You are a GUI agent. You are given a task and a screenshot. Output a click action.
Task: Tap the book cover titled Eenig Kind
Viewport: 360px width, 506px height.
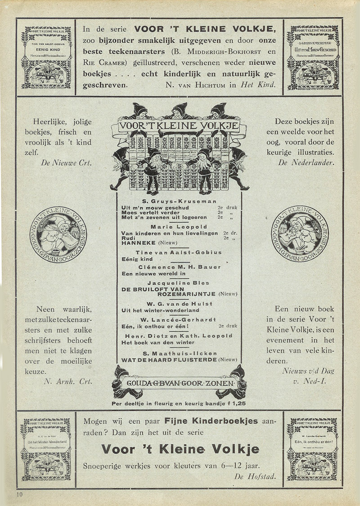46,57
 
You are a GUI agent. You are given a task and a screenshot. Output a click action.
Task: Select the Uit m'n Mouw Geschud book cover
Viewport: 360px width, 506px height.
313,57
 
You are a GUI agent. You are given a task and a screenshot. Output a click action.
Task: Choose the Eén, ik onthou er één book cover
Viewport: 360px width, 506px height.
313,449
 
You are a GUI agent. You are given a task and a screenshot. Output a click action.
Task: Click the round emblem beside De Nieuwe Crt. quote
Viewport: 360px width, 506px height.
58,232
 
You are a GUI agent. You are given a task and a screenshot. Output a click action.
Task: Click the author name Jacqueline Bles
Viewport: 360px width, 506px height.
179,283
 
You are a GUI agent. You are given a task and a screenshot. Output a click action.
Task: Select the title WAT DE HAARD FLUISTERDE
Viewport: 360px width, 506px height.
169,360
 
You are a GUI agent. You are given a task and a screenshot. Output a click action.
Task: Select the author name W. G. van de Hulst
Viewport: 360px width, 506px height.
179,304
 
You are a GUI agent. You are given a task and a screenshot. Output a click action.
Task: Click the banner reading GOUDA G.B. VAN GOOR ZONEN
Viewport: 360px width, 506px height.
179,384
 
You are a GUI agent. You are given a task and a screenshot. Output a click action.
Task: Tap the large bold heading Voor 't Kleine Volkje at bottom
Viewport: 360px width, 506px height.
180,449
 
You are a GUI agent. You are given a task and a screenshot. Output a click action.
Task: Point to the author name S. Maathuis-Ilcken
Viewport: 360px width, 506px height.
179,353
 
